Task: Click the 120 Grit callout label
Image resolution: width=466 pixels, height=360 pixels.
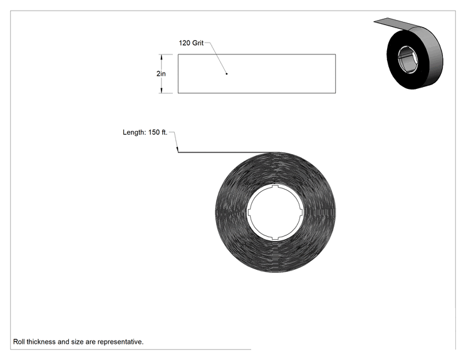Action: (191, 43)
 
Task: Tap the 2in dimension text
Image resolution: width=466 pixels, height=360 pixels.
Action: (161, 74)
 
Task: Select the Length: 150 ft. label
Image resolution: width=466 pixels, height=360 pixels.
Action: (145, 133)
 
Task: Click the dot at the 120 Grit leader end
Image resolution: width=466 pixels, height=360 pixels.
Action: (227, 74)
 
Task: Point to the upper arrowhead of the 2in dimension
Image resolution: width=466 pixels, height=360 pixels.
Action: (162, 57)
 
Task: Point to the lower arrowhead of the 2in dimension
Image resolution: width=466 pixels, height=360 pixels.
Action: (162, 90)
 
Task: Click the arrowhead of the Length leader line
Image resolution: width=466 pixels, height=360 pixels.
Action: (177, 150)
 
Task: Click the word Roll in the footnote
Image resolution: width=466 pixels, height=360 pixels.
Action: (19, 342)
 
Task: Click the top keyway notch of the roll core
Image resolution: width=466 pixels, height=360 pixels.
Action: (275, 186)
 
